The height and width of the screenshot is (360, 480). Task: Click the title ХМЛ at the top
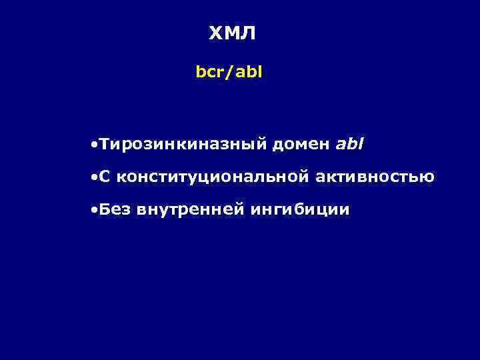pos(231,34)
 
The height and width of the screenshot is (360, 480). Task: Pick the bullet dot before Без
pos(96,211)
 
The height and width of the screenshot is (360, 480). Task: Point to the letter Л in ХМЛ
pos(248,34)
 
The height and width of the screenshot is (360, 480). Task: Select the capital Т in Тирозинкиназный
pos(106,144)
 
